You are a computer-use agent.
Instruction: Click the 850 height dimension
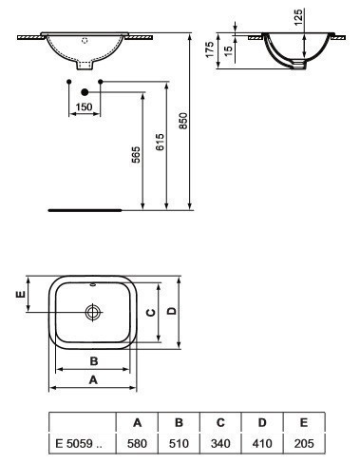[183, 121]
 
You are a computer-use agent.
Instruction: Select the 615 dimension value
[161, 142]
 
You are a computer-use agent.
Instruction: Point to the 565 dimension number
[136, 154]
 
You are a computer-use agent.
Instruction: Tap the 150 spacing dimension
[85, 106]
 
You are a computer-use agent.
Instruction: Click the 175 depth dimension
[210, 49]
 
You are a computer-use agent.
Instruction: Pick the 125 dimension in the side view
[298, 17]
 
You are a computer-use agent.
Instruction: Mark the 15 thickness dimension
[229, 49]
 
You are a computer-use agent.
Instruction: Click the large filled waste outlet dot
[85, 92]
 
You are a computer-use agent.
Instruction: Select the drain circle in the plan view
[93, 312]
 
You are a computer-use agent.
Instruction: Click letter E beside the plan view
[20, 295]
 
